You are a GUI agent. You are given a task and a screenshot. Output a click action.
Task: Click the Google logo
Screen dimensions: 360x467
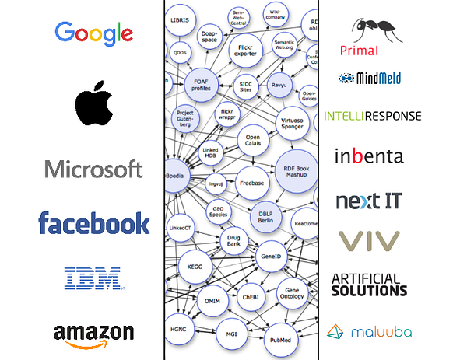(x=93, y=32)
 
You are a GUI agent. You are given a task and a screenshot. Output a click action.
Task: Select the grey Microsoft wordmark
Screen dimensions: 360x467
(x=93, y=168)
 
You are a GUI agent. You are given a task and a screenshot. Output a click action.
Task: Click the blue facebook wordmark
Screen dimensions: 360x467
(x=93, y=223)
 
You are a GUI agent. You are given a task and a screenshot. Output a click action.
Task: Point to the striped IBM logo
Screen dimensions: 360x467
(x=92, y=277)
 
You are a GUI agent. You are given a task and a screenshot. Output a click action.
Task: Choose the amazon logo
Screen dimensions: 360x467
(x=93, y=332)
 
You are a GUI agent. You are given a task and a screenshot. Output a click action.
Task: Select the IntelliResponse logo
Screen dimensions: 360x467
(x=372, y=116)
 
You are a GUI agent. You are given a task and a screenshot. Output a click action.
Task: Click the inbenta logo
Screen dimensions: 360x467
(x=369, y=156)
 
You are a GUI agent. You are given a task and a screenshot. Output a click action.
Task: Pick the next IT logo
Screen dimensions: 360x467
(x=369, y=201)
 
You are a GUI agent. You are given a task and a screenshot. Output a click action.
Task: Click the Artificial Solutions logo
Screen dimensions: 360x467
(x=369, y=285)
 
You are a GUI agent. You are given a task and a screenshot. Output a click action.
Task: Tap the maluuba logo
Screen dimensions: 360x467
(x=369, y=332)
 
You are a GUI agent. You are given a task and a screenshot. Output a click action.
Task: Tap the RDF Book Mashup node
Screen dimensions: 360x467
(x=297, y=170)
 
